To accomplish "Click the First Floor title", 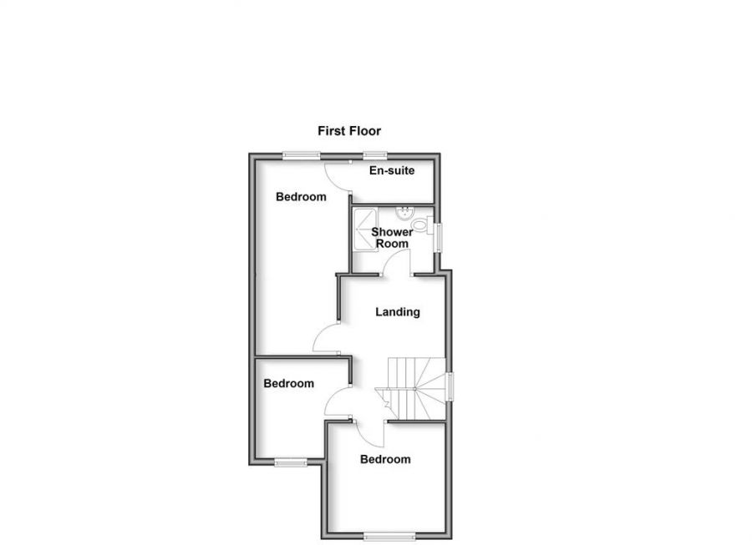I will (349, 131).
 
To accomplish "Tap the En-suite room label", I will (392, 171).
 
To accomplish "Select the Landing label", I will (397, 312).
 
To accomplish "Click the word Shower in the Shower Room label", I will (391, 232).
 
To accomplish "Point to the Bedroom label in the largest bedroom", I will (301, 197).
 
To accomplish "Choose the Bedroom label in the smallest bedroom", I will (289, 384).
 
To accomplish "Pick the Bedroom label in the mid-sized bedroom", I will (385, 459).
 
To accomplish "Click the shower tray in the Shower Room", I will (363, 230).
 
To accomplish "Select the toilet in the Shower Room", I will (422, 225).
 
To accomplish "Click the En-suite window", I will (374, 154).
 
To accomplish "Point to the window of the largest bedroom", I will (301, 154).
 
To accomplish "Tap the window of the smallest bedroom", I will (291, 462).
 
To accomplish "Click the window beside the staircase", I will (450, 386).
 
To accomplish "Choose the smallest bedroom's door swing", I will (337, 404).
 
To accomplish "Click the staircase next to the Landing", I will (414, 387).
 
